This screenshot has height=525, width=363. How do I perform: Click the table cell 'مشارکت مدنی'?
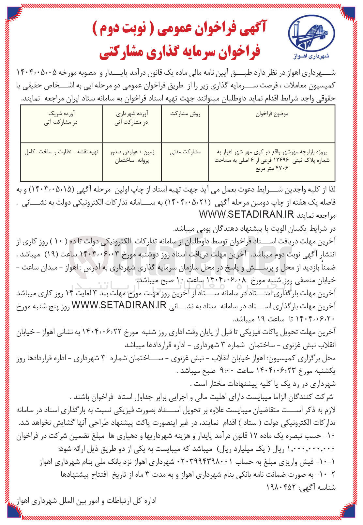(185, 152)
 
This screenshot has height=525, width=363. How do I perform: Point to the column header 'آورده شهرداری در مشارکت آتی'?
(132, 118)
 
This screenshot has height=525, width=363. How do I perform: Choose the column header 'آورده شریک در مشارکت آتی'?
(61, 118)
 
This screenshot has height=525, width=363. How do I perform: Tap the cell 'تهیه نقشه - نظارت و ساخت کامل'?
(61, 152)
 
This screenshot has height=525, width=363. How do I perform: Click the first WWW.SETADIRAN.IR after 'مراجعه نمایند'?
(247, 215)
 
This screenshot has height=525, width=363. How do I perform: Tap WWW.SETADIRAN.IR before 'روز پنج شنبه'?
(119, 305)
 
